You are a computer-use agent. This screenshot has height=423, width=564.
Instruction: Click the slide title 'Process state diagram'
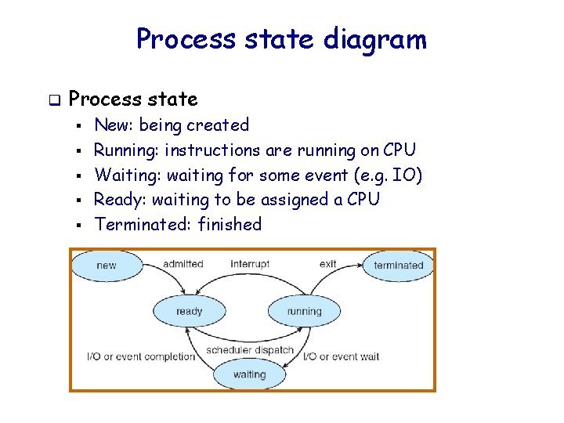tap(281, 38)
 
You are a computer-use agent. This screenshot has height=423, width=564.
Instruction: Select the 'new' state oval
tap(107, 266)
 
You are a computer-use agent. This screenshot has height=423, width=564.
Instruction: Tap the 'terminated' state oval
tap(398, 266)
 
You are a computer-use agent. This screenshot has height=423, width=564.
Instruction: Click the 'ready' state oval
tap(189, 311)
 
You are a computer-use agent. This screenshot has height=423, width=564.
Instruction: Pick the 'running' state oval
tap(304, 311)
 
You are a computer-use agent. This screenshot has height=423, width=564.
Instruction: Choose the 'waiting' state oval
tap(249, 374)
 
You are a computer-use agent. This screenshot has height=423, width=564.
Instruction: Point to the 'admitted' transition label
tap(183, 264)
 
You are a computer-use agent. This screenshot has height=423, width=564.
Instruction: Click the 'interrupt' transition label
tap(250, 264)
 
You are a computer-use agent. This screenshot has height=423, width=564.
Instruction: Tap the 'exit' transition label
tap(327, 264)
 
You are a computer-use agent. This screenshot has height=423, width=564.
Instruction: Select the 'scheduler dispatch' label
tap(250, 349)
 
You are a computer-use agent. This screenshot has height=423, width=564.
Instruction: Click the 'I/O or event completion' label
tap(141, 357)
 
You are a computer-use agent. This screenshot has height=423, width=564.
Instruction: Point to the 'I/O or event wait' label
tap(342, 357)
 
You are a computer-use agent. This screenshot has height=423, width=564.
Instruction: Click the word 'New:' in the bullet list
tap(114, 125)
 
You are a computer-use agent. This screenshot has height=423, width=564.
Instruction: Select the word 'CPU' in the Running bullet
tap(399, 150)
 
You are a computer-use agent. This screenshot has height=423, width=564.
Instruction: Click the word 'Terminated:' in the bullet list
tap(143, 225)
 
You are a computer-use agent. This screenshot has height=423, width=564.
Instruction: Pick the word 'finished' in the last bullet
tap(230, 225)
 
